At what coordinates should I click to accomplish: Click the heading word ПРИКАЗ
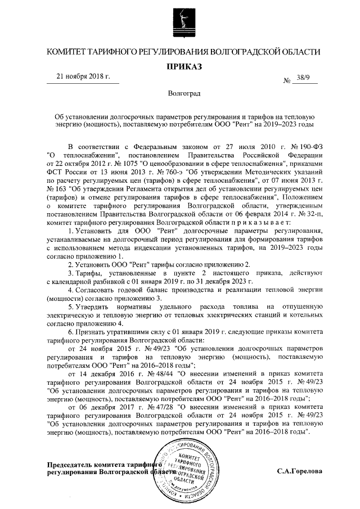tap(180, 67)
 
